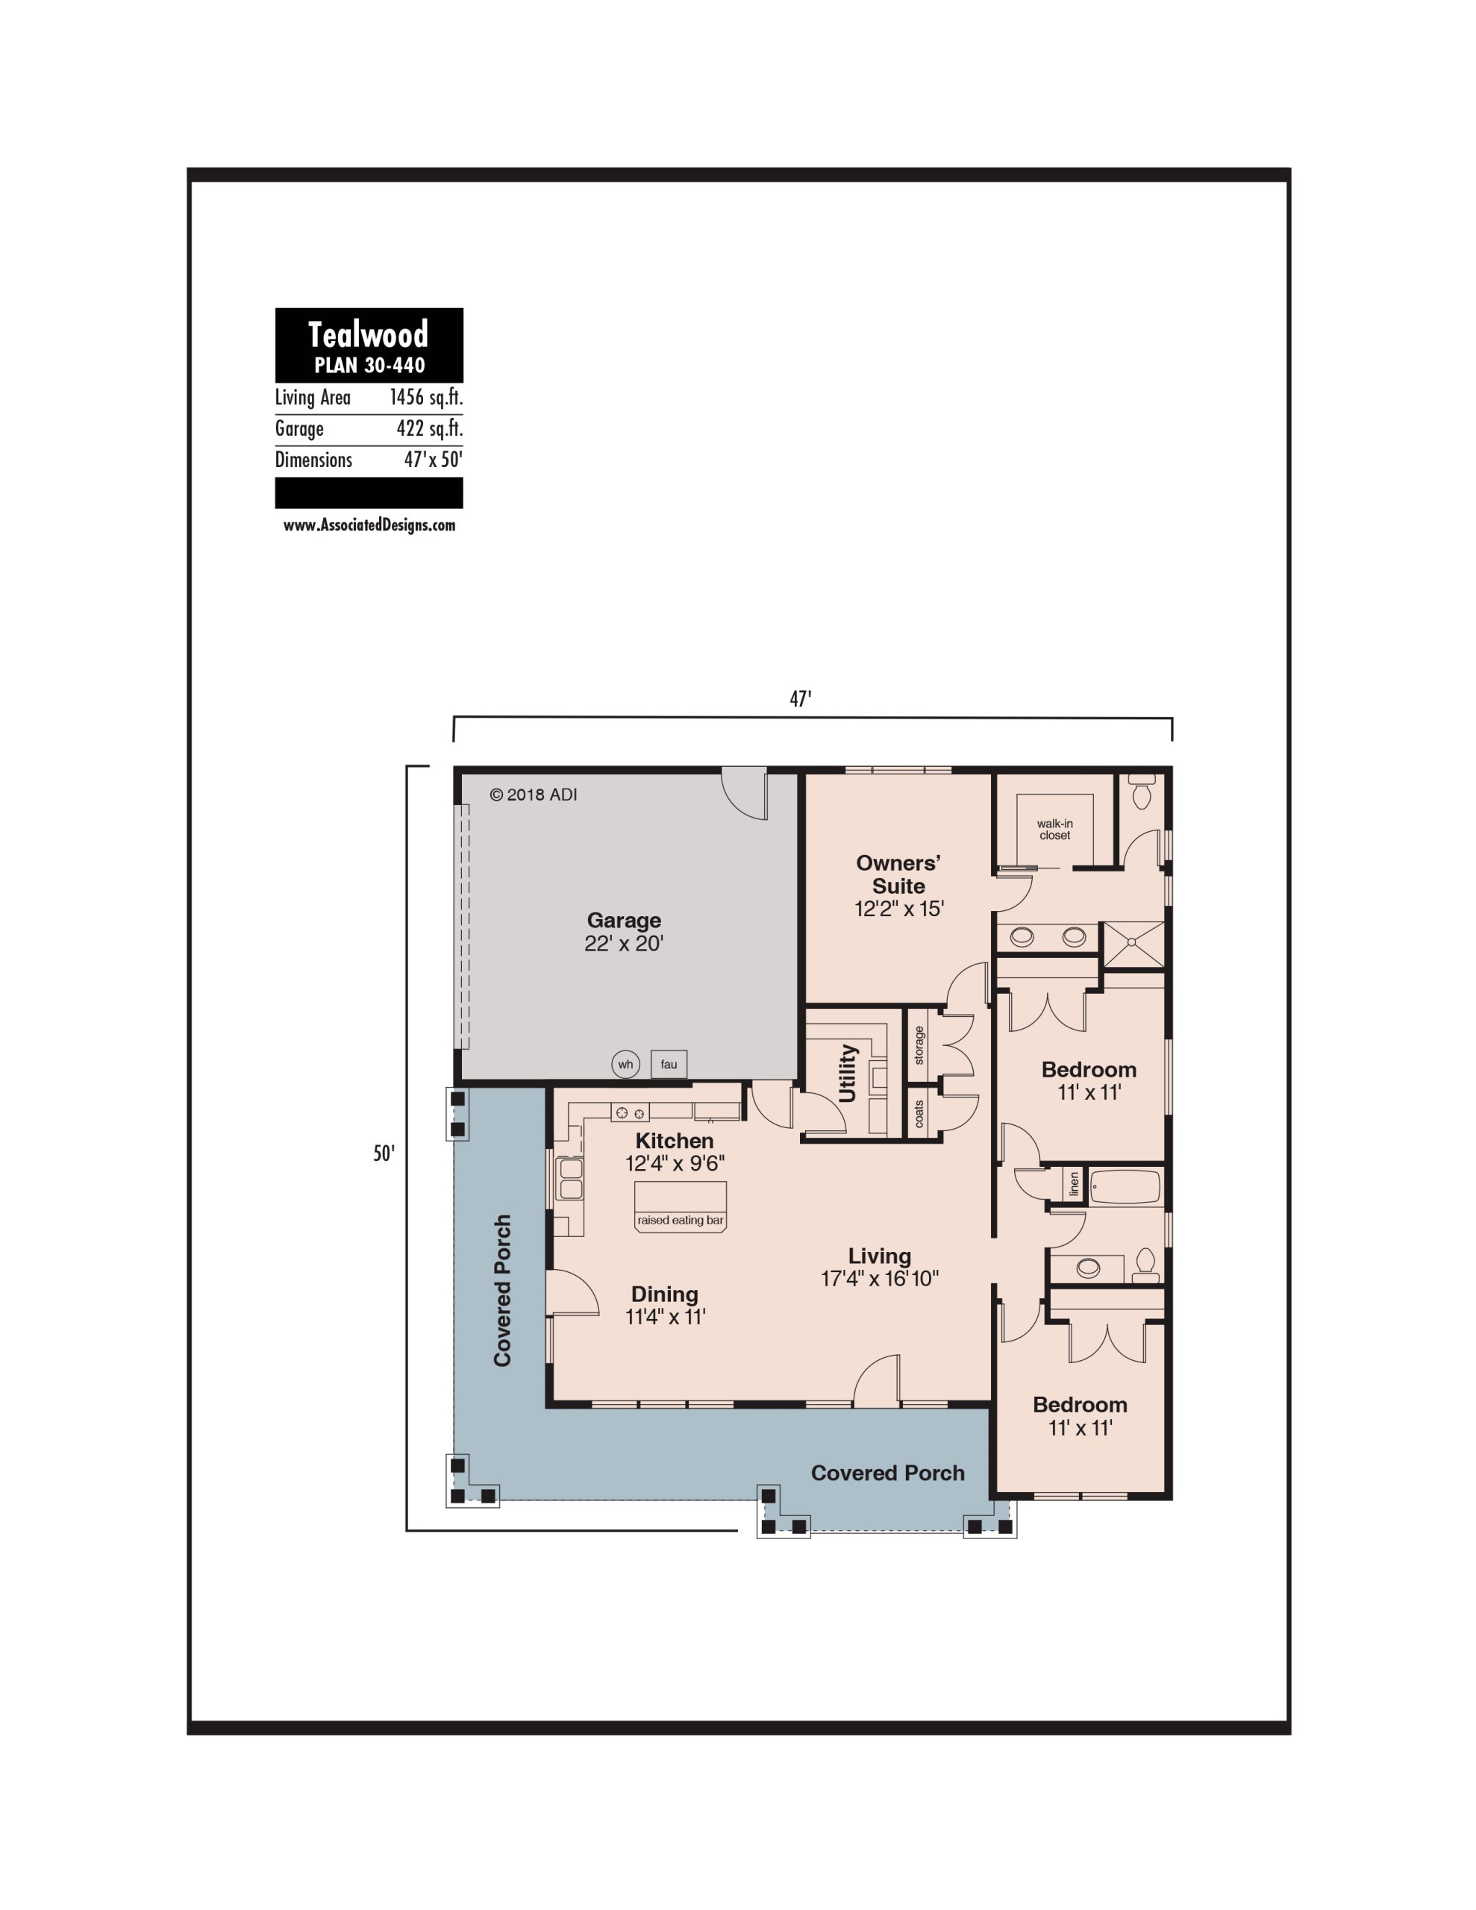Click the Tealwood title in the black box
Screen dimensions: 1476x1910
[369, 335]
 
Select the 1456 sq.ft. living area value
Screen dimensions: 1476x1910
[426, 398]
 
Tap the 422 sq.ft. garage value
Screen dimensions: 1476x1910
[430, 428]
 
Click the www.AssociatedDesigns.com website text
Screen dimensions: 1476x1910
[369, 525]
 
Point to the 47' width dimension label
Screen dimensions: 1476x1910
[801, 699]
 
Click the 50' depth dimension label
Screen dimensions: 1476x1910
[384, 1153]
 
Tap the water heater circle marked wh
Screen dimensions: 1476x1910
[625, 1065]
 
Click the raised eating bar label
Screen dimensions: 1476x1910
[681, 1220]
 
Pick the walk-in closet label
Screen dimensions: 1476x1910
[1055, 829]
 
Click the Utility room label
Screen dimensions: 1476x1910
[848, 1073]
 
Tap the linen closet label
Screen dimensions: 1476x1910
[1075, 1185]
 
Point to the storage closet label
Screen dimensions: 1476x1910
[919, 1045]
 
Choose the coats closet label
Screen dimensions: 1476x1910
[919, 1114]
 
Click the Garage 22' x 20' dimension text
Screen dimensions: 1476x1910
[624, 944]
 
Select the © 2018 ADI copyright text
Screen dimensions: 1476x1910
[533, 795]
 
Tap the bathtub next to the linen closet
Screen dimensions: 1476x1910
[1126, 1187]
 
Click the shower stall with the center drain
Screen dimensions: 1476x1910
[1132, 944]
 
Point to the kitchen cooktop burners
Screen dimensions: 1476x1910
[630, 1112]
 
